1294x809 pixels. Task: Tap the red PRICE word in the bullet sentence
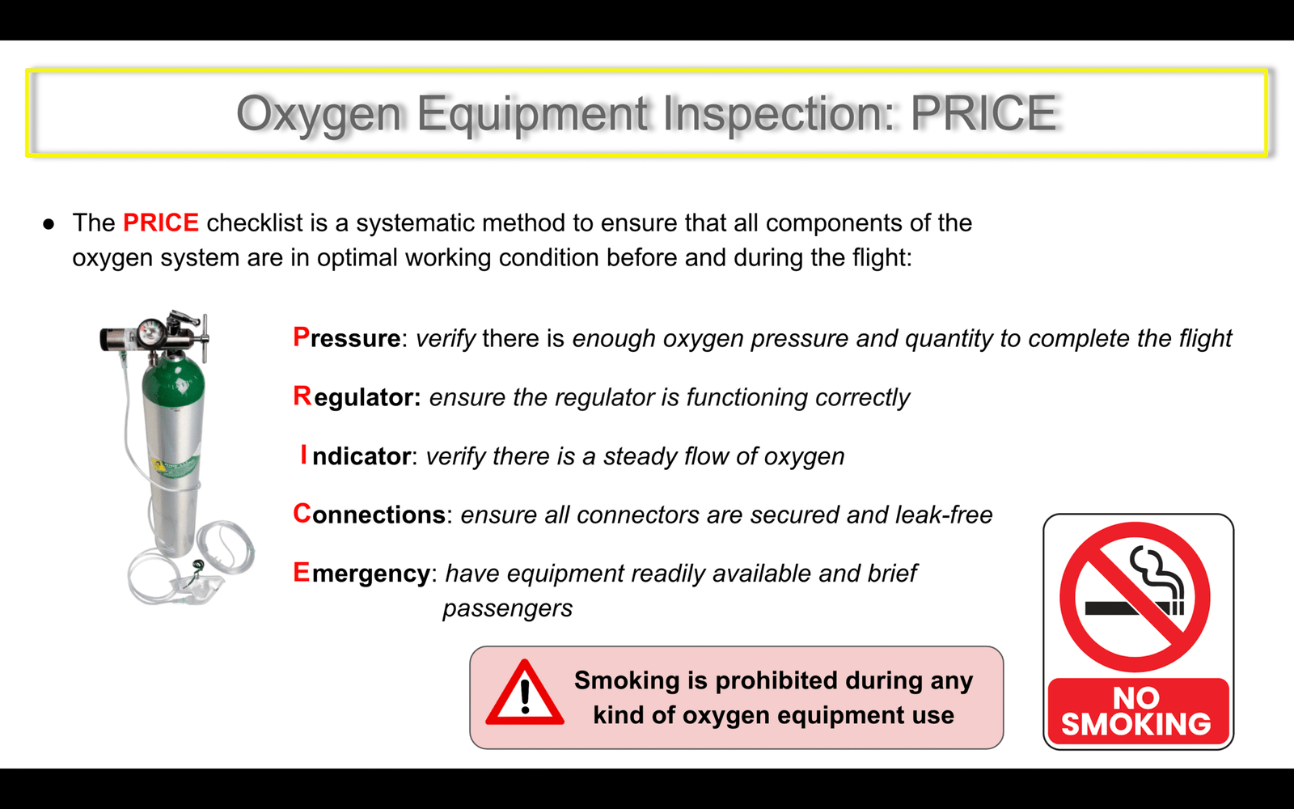(161, 223)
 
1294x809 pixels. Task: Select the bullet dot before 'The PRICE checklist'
(49, 224)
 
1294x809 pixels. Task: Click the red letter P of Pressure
(301, 337)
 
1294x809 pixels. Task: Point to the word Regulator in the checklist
(357, 397)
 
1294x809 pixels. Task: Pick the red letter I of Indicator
(304, 455)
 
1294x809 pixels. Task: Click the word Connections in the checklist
(369, 514)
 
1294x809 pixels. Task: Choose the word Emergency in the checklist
(362, 574)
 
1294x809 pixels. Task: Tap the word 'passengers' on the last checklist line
(508, 609)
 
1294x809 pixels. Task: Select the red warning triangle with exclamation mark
(525, 693)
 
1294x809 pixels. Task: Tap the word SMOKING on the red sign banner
(1135, 724)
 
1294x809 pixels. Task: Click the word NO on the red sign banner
(1135, 698)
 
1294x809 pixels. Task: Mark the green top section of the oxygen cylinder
(173, 383)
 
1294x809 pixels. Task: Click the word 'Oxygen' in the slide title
(319, 114)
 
